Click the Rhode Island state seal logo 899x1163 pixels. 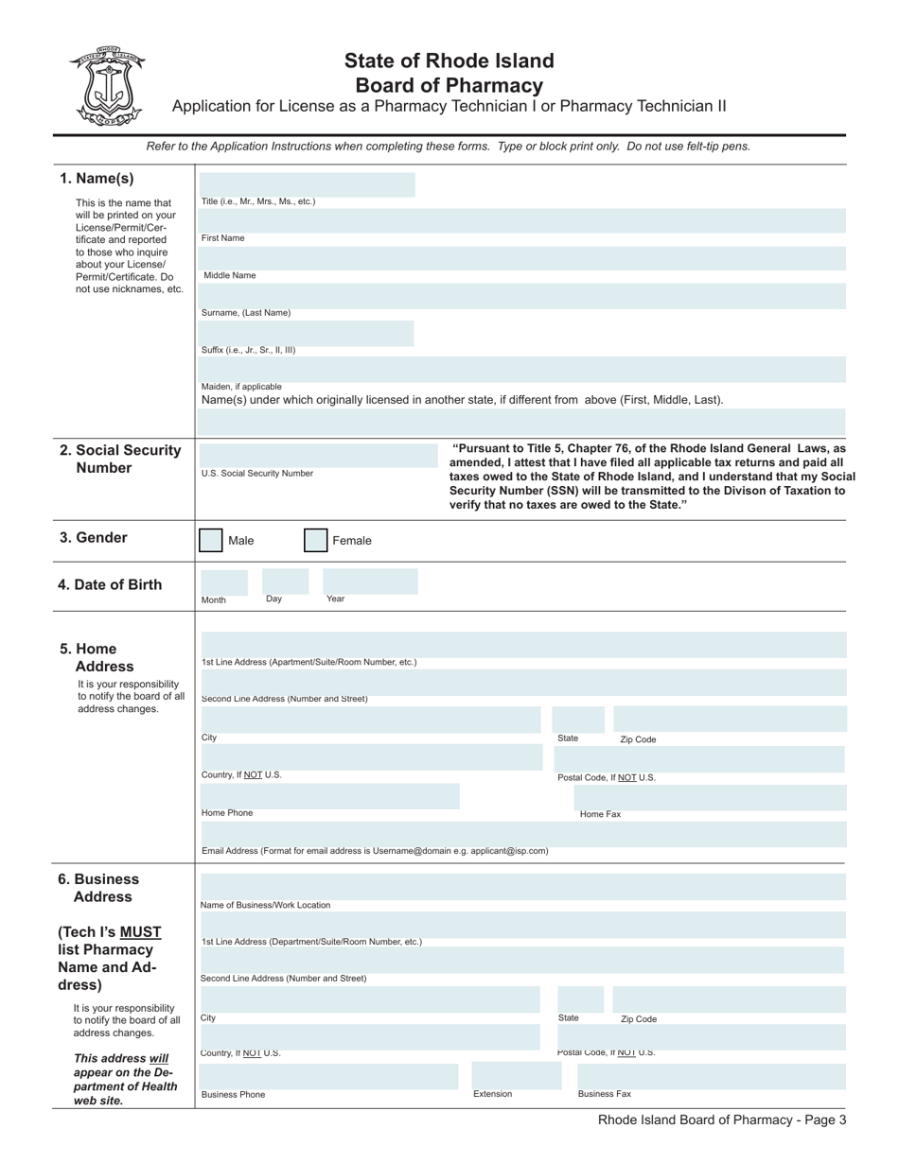pyautogui.click(x=106, y=86)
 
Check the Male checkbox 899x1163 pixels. pyautogui.click(x=211, y=541)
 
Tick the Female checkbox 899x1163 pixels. pyautogui.click(x=315, y=541)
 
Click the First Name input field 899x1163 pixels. pyautogui.click(x=523, y=221)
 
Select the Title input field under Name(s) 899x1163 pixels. pyautogui.click(x=308, y=184)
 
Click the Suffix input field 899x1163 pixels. pyautogui.click(x=307, y=333)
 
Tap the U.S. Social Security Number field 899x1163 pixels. pyautogui.click(x=316, y=455)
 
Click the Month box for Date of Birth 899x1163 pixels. pyautogui.click(x=224, y=581)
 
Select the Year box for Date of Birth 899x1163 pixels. pyautogui.click(x=369, y=581)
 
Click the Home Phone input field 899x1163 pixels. pyautogui.click(x=329, y=796)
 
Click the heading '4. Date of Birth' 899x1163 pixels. pyautogui.click(x=110, y=585)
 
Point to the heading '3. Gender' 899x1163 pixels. pyautogui.click(x=94, y=538)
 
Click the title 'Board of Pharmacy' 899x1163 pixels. pyautogui.click(x=449, y=86)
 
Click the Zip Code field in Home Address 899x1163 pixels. pyautogui.click(x=729, y=720)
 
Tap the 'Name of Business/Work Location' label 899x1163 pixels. pyautogui.click(x=266, y=905)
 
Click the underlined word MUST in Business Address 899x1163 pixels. pyautogui.click(x=140, y=932)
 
